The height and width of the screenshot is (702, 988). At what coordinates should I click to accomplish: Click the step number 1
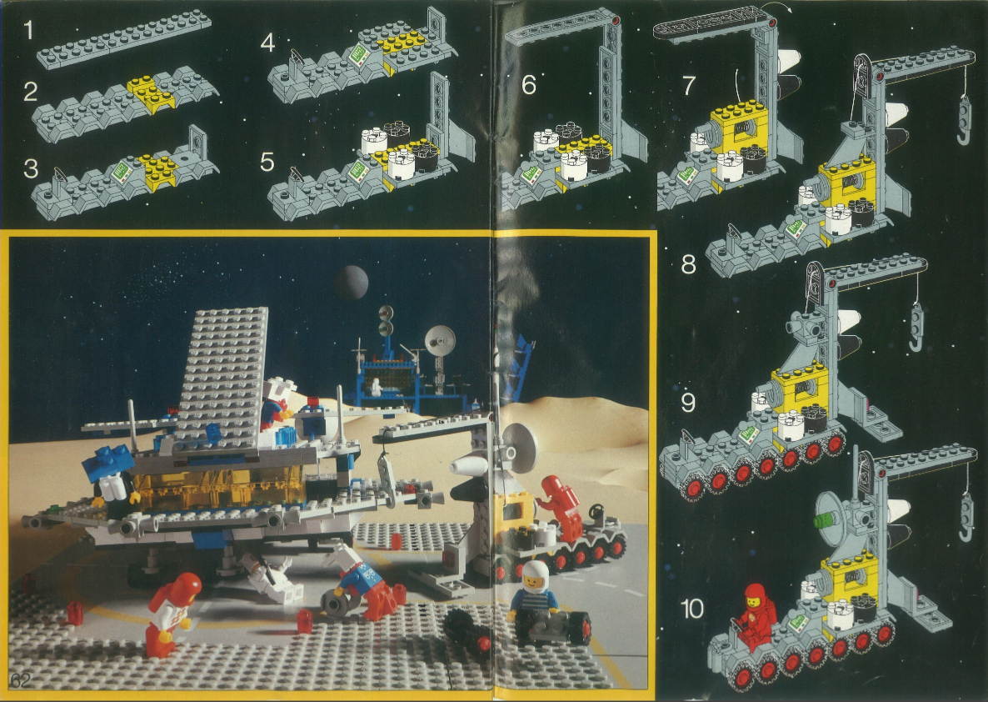[x=27, y=30]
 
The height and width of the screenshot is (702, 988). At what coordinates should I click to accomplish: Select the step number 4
[x=267, y=43]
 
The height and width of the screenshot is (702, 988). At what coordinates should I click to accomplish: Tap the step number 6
[x=529, y=84]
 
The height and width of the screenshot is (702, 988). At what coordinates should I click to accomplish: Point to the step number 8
[x=688, y=264]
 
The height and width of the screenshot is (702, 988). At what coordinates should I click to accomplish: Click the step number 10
[x=692, y=609]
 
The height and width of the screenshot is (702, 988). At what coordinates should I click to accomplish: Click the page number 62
[x=20, y=679]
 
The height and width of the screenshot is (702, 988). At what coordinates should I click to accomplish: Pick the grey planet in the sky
[x=351, y=282]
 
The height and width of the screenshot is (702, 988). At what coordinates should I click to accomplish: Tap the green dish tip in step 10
[x=819, y=521]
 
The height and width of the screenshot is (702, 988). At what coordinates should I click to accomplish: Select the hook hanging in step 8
[x=964, y=119]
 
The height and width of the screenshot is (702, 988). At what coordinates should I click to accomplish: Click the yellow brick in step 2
[x=150, y=93]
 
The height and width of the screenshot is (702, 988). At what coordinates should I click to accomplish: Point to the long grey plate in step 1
[x=123, y=38]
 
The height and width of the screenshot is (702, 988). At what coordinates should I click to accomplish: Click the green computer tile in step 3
[x=122, y=170]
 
